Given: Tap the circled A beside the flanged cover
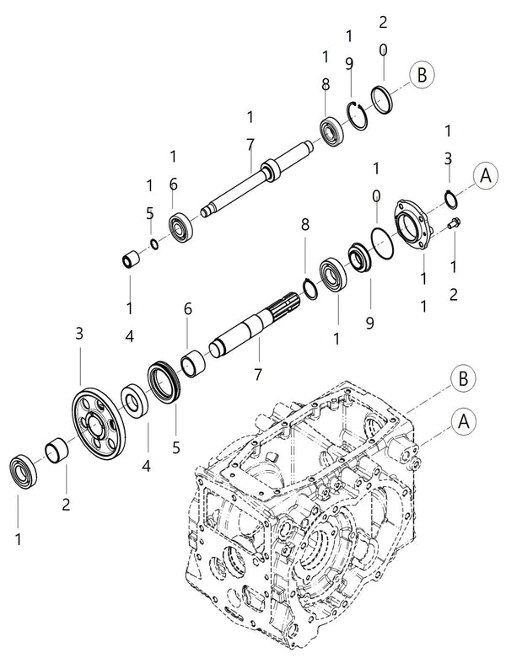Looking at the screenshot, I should (x=484, y=175).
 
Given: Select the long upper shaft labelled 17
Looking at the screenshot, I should (x=257, y=179).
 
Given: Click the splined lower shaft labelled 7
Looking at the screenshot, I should (x=253, y=329).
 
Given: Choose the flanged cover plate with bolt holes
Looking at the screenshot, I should (x=416, y=225).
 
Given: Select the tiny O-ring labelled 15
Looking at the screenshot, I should (x=153, y=244).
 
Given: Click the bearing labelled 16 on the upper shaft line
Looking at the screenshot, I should (x=180, y=227).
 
